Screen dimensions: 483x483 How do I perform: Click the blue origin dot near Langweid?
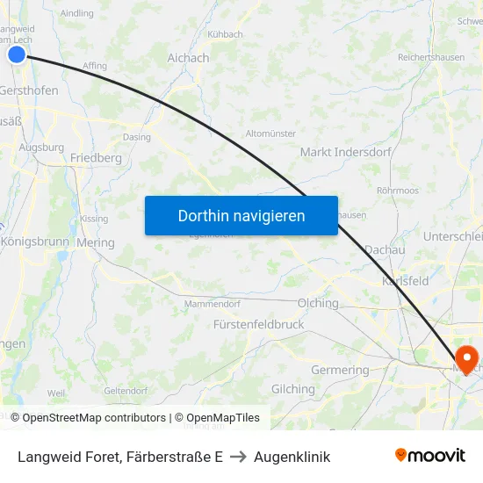[x=17, y=54]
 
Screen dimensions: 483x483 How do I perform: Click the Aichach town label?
[x=188, y=58]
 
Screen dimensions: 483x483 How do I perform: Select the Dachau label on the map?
[x=384, y=249]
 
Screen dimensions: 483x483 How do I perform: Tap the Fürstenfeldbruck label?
[x=258, y=324]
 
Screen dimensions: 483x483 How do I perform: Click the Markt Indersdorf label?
[x=340, y=152]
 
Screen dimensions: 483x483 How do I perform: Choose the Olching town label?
[x=318, y=303]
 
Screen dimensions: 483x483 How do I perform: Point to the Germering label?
[x=340, y=370]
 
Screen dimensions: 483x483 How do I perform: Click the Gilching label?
[x=292, y=389]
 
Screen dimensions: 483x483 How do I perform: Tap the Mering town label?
[x=96, y=242]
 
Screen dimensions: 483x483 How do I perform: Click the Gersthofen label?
[x=28, y=90]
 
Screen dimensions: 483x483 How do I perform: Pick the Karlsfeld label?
[x=405, y=281]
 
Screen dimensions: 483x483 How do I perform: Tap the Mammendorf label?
[x=212, y=305]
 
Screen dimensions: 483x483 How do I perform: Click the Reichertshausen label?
[x=430, y=57]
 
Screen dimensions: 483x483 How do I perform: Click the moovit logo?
[x=430, y=456]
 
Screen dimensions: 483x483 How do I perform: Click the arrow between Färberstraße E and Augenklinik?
[x=238, y=457]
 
